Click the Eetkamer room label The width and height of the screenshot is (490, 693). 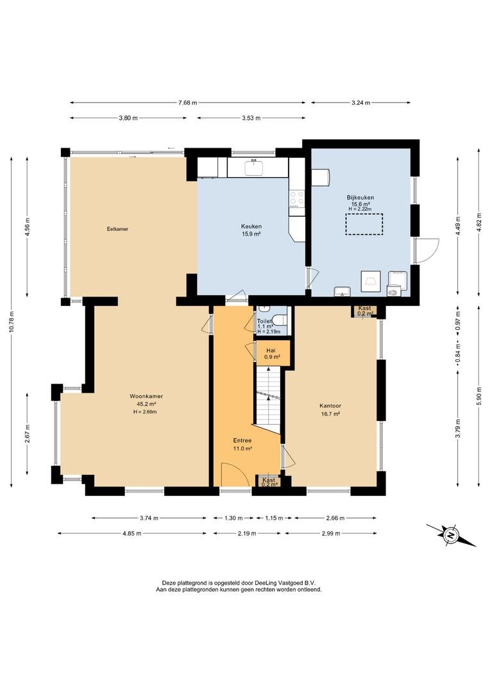117,229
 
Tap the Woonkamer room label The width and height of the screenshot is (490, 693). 143,397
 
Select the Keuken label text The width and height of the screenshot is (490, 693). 251,227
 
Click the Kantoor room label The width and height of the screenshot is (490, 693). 330,406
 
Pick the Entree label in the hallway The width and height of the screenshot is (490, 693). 242,441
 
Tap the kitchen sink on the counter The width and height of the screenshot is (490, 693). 254,167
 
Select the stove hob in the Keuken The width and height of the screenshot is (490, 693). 296,198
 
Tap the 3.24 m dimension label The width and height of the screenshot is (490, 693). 360,103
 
